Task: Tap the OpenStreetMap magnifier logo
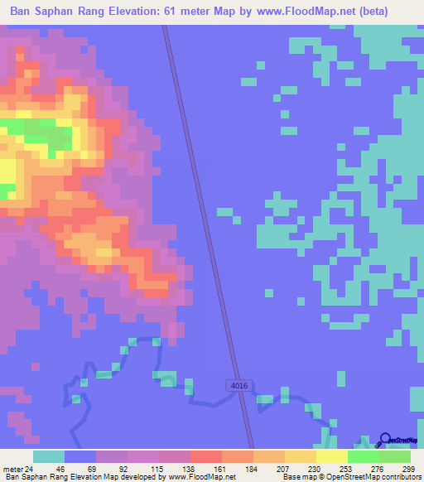click(384, 440)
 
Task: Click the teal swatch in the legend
click(49, 456)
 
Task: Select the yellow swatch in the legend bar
click(331, 456)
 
